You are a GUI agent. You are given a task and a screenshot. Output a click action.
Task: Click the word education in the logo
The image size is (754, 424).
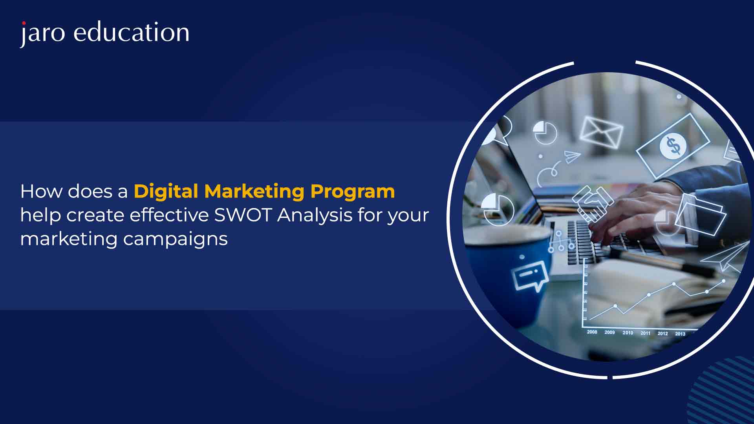[132, 32]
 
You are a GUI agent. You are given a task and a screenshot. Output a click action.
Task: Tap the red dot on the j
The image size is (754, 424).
[24, 23]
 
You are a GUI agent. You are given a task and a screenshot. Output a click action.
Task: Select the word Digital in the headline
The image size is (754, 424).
[166, 192]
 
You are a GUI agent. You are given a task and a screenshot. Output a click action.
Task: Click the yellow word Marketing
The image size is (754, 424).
[254, 192]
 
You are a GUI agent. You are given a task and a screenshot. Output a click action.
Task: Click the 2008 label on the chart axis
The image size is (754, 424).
[592, 332]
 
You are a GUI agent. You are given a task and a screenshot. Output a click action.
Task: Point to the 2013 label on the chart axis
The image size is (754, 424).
[680, 334]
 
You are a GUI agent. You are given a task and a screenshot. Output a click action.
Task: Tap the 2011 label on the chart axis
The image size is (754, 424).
[646, 333]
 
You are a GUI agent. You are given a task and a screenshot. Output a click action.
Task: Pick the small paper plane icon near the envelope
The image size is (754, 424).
[572, 157]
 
